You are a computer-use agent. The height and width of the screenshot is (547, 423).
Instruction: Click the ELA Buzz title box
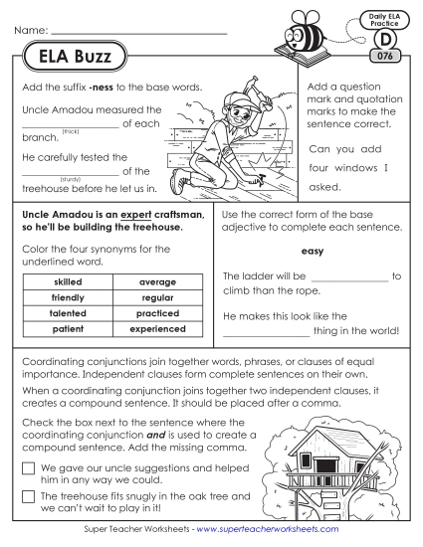coord(69,55)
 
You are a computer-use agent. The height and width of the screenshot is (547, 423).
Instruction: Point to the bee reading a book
coord(328,36)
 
